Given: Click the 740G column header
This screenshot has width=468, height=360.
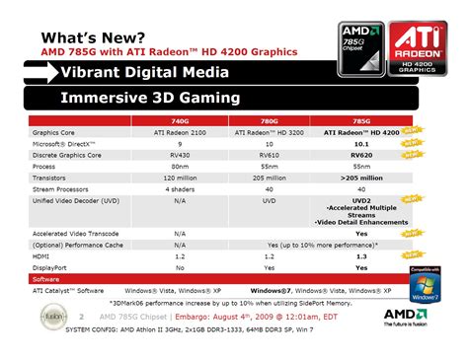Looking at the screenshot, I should [x=180, y=119].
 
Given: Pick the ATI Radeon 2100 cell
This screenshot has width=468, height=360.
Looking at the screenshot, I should [x=180, y=132].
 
